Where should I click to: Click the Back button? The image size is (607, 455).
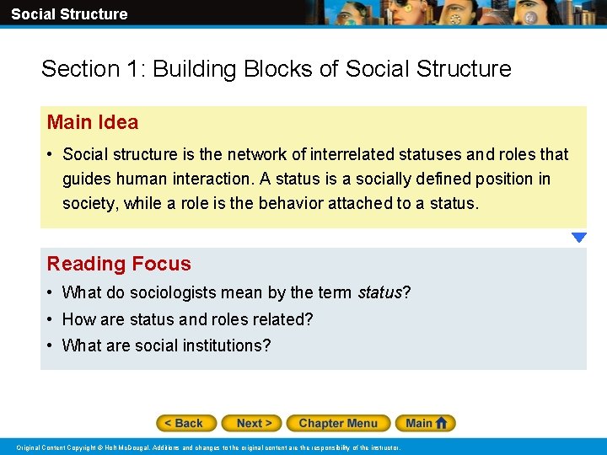(x=186, y=423)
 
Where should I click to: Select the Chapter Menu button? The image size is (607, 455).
(x=337, y=423)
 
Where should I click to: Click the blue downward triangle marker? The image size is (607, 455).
(x=578, y=238)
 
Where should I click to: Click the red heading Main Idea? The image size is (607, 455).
(x=93, y=122)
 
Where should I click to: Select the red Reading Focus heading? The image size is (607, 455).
(x=119, y=264)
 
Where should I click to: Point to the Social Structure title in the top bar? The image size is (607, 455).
(x=69, y=13)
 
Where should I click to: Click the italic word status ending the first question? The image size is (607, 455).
(x=379, y=293)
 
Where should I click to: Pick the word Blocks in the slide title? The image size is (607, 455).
(x=277, y=68)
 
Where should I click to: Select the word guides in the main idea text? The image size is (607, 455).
(x=87, y=179)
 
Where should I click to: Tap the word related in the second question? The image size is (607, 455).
(x=275, y=319)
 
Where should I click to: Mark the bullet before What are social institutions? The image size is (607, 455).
(x=51, y=345)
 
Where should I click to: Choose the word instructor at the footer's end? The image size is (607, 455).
(x=384, y=447)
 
